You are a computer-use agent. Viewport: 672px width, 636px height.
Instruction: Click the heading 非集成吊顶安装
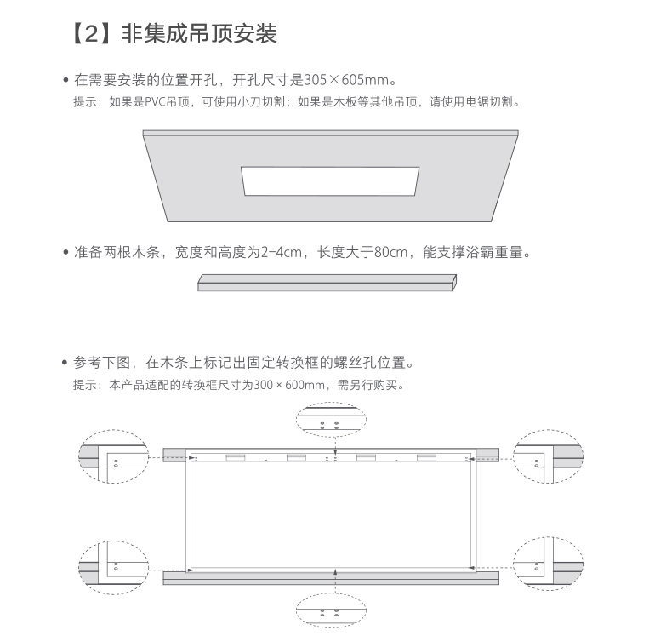199,33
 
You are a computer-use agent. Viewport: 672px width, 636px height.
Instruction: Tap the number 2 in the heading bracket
92,33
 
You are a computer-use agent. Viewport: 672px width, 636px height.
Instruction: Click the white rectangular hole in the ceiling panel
330,181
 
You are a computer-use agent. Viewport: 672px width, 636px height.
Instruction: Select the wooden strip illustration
327,283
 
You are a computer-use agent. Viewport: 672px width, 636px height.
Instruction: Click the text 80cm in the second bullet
390,252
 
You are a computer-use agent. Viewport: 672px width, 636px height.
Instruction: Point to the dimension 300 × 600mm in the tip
289,385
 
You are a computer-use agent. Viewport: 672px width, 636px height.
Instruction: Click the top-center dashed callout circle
331,403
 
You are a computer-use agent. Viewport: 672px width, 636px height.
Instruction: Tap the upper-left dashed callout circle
114,430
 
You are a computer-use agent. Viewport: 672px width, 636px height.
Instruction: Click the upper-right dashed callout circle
548,430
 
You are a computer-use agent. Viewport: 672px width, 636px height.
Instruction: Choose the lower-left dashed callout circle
114,541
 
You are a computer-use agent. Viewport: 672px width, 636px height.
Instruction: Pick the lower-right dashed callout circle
548,537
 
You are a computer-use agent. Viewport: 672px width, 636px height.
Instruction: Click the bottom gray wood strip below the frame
331,578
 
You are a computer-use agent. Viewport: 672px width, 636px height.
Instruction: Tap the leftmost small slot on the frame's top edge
236,458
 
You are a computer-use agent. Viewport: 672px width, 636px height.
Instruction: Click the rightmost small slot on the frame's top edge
426,458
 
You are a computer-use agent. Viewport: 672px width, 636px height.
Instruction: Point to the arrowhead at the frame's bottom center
335,571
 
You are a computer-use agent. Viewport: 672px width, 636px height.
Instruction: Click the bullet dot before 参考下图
65,363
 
